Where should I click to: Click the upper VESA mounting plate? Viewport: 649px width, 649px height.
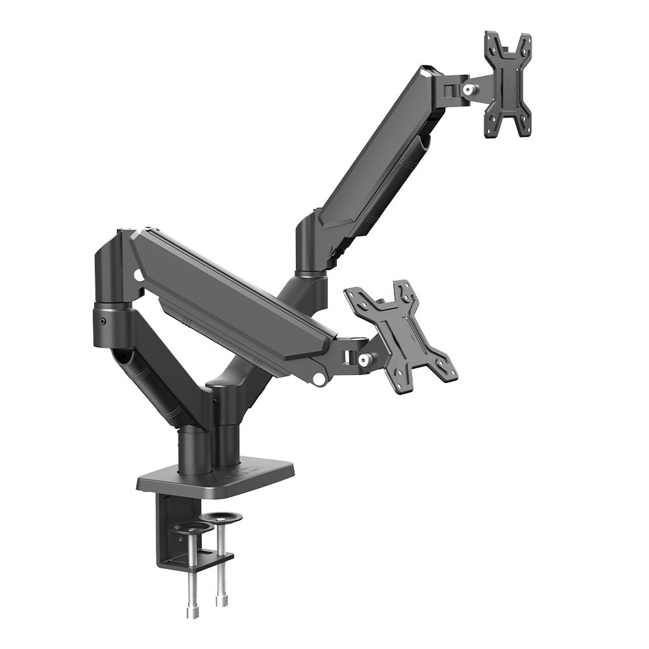coord(508,84)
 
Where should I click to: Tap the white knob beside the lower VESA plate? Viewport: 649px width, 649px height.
coord(364,358)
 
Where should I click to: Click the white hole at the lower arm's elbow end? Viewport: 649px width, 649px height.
coord(138,276)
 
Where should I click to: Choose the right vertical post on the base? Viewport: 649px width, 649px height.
coord(225,428)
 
